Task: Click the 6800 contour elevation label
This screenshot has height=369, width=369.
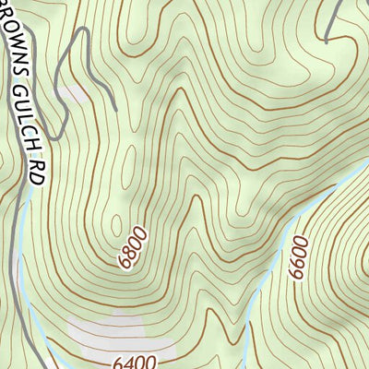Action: (x=133, y=248)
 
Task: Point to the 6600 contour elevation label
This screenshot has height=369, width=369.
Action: (x=297, y=262)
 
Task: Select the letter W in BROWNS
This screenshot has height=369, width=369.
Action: (x=17, y=40)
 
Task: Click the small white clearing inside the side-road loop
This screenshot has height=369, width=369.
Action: (x=77, y=93)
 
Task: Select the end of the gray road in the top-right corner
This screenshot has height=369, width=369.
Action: (x=327, y=42)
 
